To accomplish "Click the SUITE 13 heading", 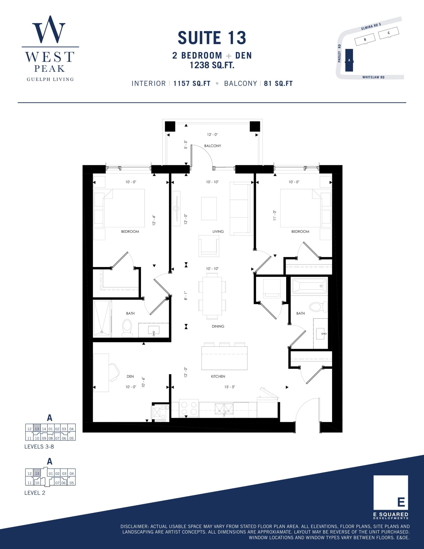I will [212, 38].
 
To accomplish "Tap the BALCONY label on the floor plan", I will [212, 146].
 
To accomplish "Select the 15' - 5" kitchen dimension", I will [229, 387].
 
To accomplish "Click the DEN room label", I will [130, 376].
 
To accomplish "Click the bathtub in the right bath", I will [309, 286].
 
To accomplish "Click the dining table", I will [212, 296].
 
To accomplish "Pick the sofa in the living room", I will [241, 208].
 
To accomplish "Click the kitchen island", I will [224, 358].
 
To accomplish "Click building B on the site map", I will [365, 39].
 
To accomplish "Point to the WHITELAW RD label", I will [373, 77].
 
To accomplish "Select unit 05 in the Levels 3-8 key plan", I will [72, 438].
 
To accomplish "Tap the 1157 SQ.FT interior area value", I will [192, 83].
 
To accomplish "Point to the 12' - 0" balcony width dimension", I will [212, 134].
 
